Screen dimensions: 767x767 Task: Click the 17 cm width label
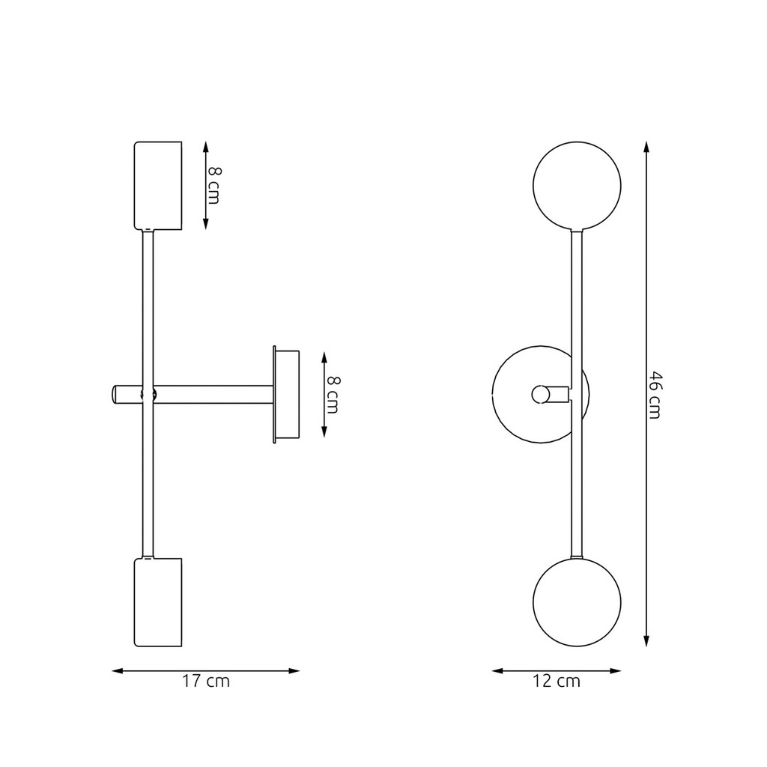[x=206, y=682]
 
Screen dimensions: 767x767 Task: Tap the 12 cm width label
[x=557, y=682]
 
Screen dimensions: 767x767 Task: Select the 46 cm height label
[x=655, y=395]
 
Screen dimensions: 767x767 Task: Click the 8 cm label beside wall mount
[x=333, y=395]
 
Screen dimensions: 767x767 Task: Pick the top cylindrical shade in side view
[x=158, y=185]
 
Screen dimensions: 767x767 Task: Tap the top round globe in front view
[x=577, y=185]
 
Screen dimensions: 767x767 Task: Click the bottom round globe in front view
[x=577, y=602]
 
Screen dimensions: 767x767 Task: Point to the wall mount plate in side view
[x=286, y=395]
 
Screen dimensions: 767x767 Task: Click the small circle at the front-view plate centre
[x=539, y=394]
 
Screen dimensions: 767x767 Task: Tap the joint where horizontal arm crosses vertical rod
[x=148, y=394]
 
